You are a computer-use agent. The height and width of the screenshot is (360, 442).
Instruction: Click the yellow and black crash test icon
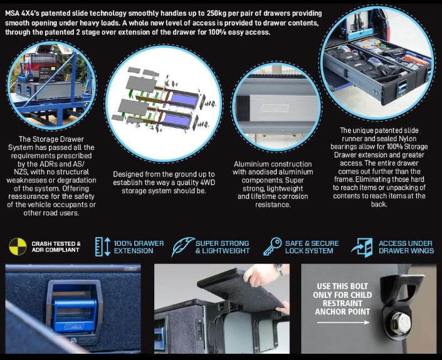18,246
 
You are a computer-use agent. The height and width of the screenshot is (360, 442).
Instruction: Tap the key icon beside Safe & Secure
272,246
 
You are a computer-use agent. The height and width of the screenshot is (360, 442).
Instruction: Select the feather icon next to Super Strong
182,246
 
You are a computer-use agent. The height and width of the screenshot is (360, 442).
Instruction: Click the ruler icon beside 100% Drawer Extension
103,246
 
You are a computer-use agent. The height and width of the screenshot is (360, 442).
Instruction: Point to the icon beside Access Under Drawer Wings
362,247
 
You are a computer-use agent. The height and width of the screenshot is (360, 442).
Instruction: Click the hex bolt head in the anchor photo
401,323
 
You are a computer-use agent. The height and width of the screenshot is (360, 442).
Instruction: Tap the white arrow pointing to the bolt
343,322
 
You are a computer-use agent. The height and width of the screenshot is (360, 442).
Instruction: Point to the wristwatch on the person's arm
279,269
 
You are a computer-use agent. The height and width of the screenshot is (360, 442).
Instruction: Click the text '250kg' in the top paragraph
216,13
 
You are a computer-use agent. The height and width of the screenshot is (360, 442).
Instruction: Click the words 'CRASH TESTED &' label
56,243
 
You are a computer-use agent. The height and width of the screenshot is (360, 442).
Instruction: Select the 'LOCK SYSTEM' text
309,251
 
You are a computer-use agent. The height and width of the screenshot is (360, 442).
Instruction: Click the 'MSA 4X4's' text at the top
22,13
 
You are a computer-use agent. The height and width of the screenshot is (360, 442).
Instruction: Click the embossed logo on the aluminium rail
275,108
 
